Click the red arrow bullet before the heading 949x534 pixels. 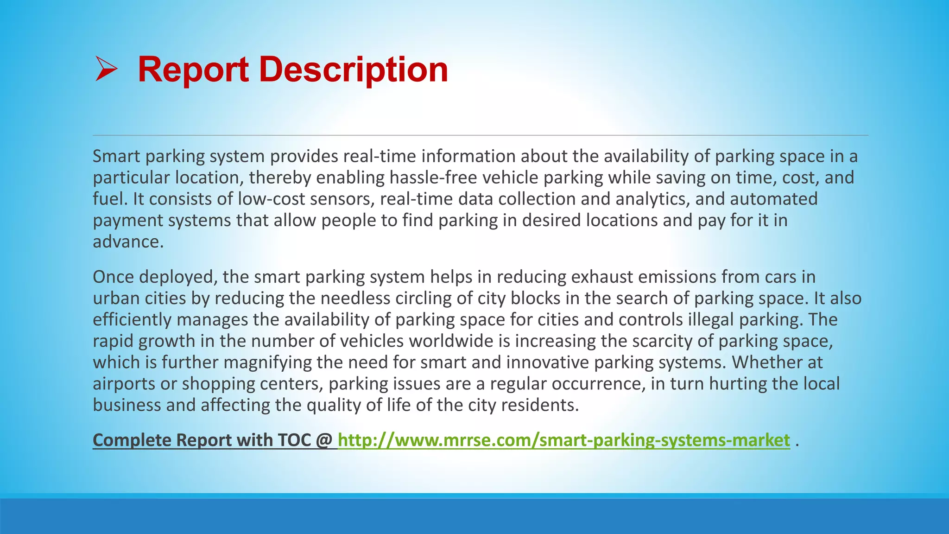(106, 69)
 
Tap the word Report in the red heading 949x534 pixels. (193, 69)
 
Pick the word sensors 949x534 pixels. (342, 199)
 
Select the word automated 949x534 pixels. (774, 199)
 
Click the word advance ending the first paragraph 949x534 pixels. (128, 242)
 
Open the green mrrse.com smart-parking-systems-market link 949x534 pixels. (563, 440)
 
